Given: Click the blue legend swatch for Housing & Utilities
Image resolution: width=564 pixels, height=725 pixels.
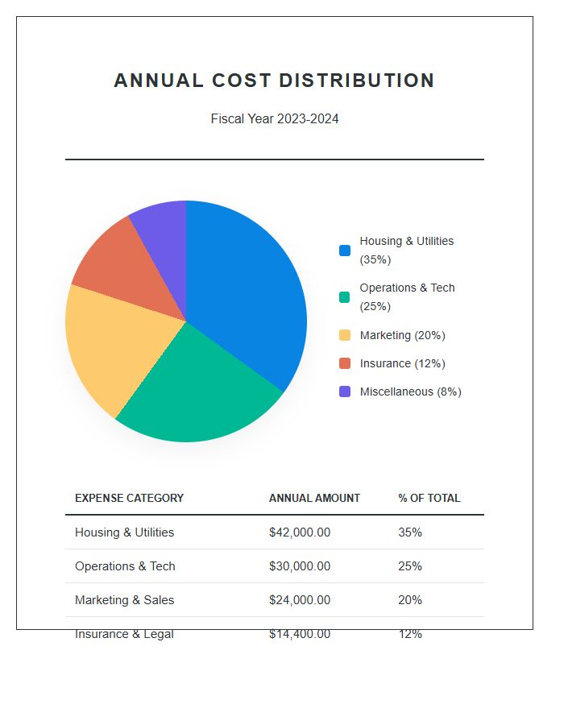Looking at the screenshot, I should click(x=345, y=251).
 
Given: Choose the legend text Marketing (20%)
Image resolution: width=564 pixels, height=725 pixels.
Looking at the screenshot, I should click(x=402, y=335).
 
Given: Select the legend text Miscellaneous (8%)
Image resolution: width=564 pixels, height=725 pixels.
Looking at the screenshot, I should click(x=410, y=391).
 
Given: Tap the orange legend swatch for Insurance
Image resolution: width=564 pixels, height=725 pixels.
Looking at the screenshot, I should click(x=345, y=363).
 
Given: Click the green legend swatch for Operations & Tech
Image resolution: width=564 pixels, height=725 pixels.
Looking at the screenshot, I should click(x=345, y=297).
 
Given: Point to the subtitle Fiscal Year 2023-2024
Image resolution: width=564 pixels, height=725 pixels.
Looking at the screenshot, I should click(x=275, y=119).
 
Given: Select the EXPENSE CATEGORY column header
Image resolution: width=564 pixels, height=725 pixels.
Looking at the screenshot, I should click(x=129, y=498).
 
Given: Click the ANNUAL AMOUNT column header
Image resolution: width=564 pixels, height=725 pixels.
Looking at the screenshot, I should click(x=314, y=498).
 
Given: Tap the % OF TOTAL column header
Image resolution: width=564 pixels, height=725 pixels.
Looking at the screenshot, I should click(x=429, y=498).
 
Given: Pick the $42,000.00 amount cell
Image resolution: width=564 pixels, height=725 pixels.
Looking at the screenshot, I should click(x=300, y=532).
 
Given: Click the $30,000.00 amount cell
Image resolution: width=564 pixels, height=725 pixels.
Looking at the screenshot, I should click(x=300, y=566).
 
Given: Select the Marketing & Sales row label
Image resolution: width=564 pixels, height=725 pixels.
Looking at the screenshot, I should click(x=124, y=600).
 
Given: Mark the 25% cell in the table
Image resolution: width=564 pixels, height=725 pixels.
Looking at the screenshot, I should click(x=410, y=566).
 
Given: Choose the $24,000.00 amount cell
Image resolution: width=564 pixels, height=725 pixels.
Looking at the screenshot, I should click(x=300, y=600).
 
